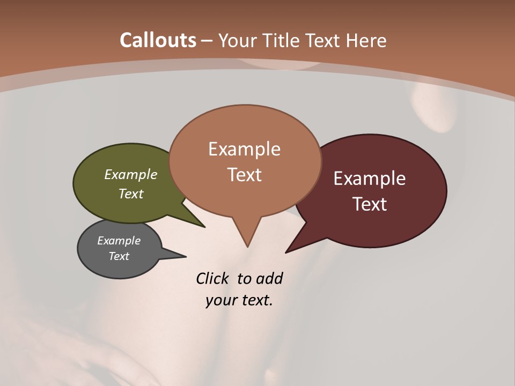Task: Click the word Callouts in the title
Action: tap(158, 40)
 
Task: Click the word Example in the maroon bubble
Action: tap(370, 179)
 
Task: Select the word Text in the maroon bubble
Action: tap(370, 204)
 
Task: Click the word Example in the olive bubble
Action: tap(131, 174)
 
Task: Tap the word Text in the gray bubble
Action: tap(119, 256)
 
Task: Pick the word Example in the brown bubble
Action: tap(244, 149)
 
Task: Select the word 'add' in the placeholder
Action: tap(269, 278)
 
